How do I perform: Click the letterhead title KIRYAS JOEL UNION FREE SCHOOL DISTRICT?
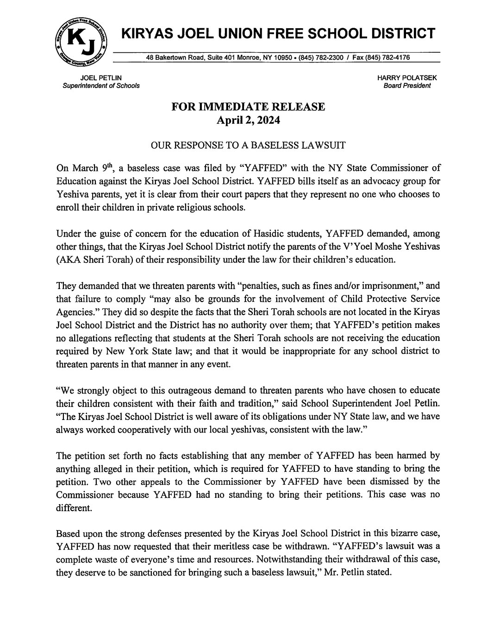click(x=277, y=33)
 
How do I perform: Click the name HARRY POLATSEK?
click(x=407, y=78)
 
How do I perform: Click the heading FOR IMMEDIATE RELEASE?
click(x=248, y=107)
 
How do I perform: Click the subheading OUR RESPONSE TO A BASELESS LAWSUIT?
click(x=249, y=145)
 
